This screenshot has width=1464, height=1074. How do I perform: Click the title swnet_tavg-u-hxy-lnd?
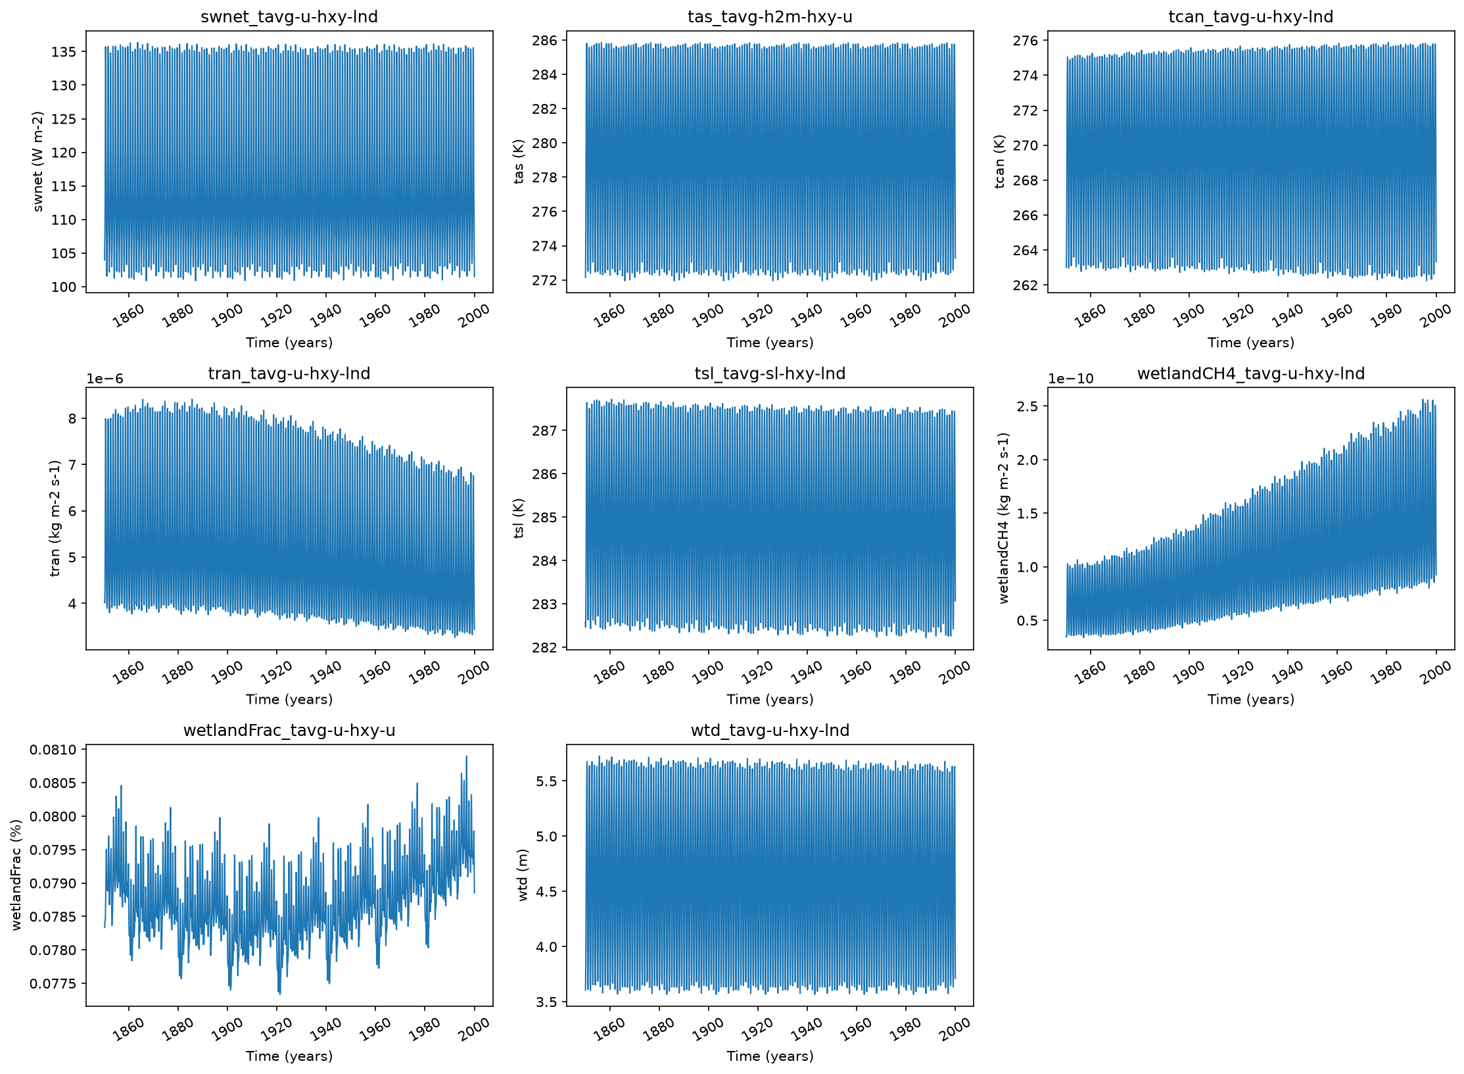289,16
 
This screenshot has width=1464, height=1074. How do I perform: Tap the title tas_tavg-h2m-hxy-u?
770,16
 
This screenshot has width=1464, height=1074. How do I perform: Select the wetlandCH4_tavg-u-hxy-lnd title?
1251,374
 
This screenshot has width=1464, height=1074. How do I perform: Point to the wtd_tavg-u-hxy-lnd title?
770,730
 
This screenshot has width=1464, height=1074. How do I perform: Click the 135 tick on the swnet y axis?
64,51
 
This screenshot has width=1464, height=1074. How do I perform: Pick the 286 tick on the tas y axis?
544,41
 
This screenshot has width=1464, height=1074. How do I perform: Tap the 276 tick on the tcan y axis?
1026,41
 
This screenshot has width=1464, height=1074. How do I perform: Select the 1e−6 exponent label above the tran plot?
105,379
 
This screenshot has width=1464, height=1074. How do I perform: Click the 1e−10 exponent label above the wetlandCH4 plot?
1071,379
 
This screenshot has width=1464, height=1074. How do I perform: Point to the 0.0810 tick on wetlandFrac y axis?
53,750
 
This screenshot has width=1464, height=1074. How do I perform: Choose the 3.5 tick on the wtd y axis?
547,1002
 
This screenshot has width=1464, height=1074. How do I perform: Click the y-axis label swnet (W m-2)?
37,162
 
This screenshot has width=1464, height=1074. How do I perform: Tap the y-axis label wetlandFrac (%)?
16,875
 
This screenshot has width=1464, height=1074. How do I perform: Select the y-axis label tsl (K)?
519,518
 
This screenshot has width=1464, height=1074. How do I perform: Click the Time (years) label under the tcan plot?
1251,343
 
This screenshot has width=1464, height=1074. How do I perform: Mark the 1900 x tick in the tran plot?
227,673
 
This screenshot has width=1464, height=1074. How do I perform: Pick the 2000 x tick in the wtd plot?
955,1029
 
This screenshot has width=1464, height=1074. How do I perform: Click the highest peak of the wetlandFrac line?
467,756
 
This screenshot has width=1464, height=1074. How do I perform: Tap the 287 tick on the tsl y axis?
544,431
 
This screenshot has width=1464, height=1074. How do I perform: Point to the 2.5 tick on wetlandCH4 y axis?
1028,406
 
